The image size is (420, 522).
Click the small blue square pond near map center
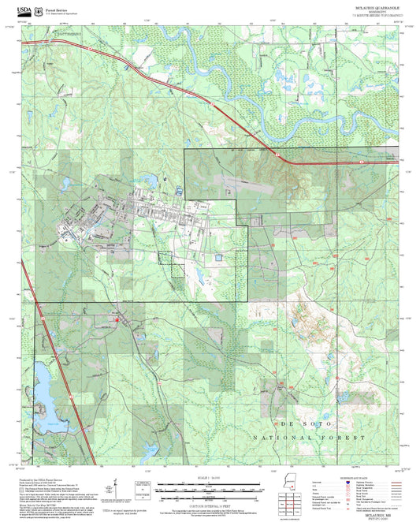click(x=219, y=257)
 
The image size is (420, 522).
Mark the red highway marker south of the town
click(x=117, y=320)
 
